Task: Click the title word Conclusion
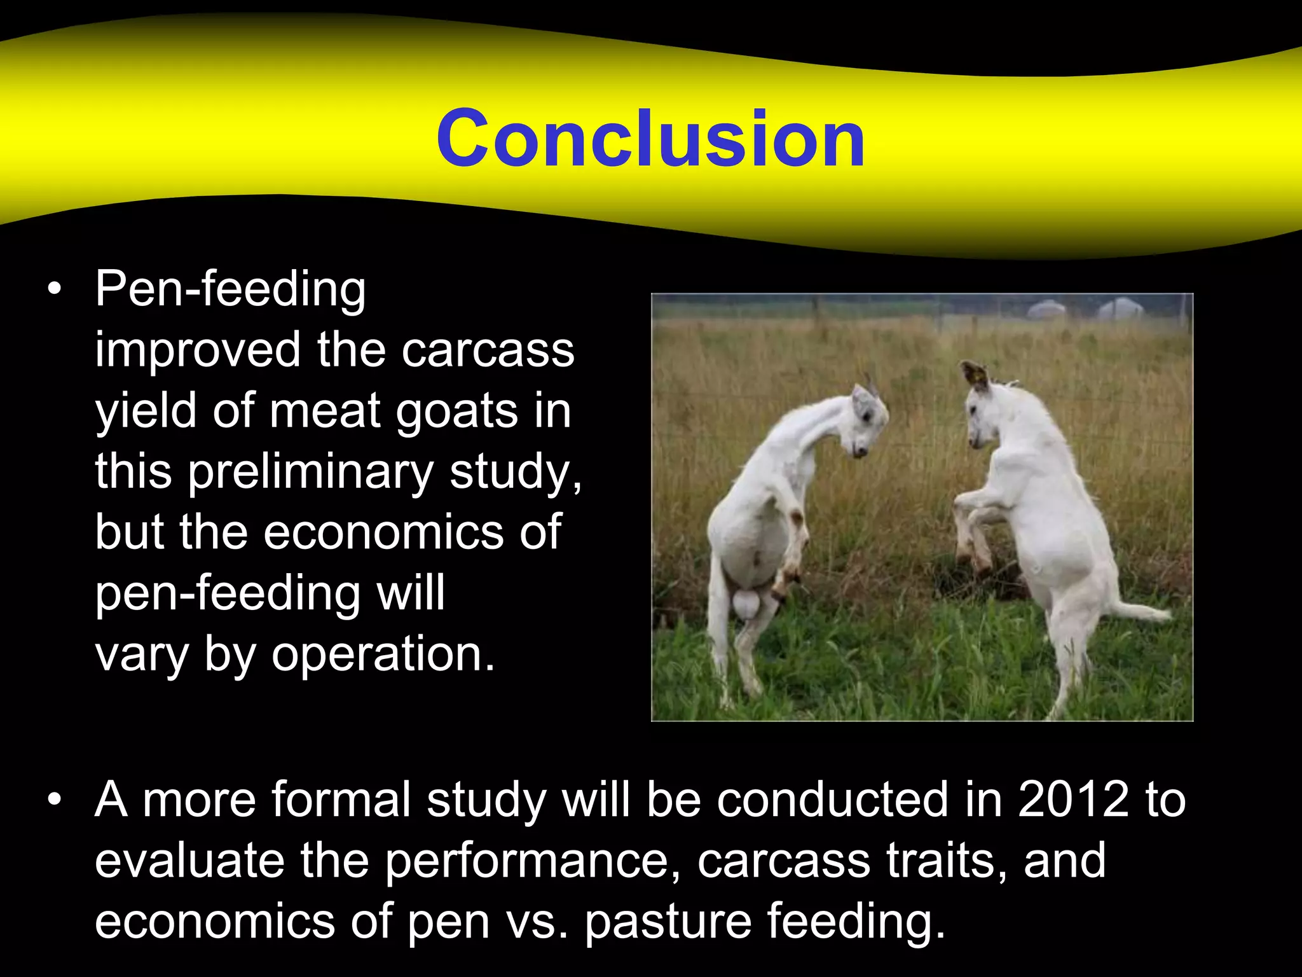[x=650, y=139]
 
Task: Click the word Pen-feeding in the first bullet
[x=230, y=289]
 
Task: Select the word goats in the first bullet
[x=456, y=412]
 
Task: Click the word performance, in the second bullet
[x=533, y=861]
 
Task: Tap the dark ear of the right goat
[x=974, y=375]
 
